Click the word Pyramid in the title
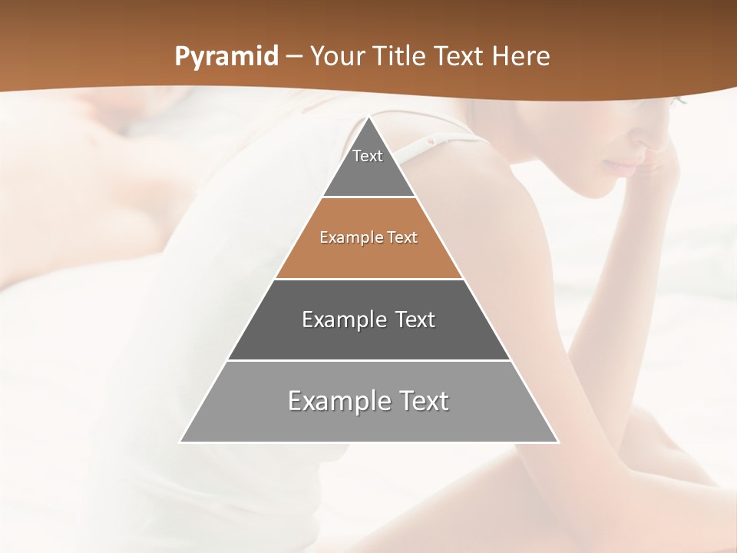click(226, 57)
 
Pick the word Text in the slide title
click(459, 57)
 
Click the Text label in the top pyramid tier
click(368, 156)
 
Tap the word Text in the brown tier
click(402, 238)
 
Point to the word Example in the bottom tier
click(339, 401)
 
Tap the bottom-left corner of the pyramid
click(180, 442)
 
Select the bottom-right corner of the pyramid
click(558, 442)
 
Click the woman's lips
click(623, 165)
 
